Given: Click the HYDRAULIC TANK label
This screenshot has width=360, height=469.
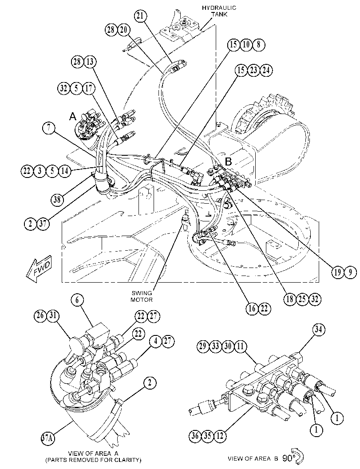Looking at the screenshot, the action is [219, 11].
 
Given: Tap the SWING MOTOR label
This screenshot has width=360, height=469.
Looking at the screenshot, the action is [142, 296].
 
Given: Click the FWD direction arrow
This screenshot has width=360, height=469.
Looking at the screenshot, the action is [39, 268].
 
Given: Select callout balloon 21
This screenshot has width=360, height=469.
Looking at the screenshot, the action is [140, 16].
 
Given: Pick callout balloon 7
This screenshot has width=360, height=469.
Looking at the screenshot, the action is [48, 128].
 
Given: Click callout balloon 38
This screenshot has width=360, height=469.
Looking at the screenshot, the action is [57, 199].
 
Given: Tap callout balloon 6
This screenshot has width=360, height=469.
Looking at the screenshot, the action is [77, 300].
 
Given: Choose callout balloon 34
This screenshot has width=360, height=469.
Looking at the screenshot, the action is [319, 330].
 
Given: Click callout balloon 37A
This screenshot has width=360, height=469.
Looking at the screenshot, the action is [47, 438].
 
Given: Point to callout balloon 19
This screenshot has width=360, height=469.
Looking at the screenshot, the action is [337, 272].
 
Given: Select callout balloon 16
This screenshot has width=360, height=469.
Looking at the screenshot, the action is [252, 308].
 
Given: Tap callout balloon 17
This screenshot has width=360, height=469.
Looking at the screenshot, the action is [89, 89].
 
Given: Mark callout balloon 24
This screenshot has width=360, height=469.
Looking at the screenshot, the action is [266, 70].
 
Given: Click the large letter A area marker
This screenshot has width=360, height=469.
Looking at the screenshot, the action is [73, 116].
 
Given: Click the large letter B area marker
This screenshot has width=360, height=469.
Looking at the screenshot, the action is [228, 162].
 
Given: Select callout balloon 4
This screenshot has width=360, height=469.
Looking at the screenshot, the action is [156, 341].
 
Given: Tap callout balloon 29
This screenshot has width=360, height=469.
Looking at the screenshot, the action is [203, 347].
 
